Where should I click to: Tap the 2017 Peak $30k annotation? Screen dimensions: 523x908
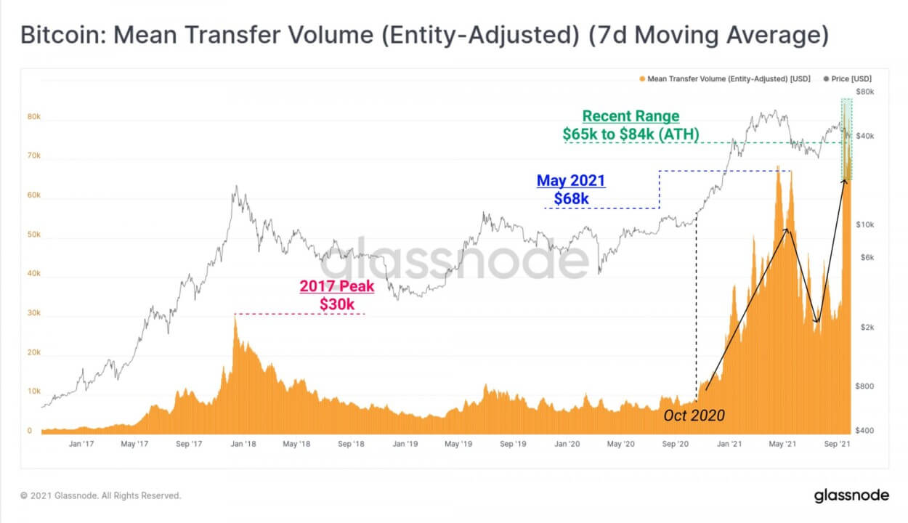tap(337, 295)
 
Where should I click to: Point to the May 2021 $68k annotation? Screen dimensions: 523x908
tap(571, 189)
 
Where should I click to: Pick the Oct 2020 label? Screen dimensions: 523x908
tap(694, 415)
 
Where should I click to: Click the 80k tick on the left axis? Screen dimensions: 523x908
tap(34, 117)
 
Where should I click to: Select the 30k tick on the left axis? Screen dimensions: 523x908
tap(34, 313)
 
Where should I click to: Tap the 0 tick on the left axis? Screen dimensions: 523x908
tap(30, 431)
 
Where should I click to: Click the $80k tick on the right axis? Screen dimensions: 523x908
tap(864, 92)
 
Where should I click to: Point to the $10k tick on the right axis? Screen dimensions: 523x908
tap(864, 225)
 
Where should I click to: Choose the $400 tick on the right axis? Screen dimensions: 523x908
tap(864, 431)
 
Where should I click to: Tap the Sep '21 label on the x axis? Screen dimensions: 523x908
tap(839, 443)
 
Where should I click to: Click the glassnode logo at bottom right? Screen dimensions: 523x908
tap(851, 495)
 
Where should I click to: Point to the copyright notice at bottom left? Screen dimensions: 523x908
tap(101, 495)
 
